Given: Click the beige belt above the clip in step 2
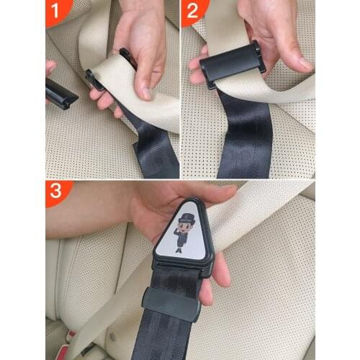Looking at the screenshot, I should (216, 29).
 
